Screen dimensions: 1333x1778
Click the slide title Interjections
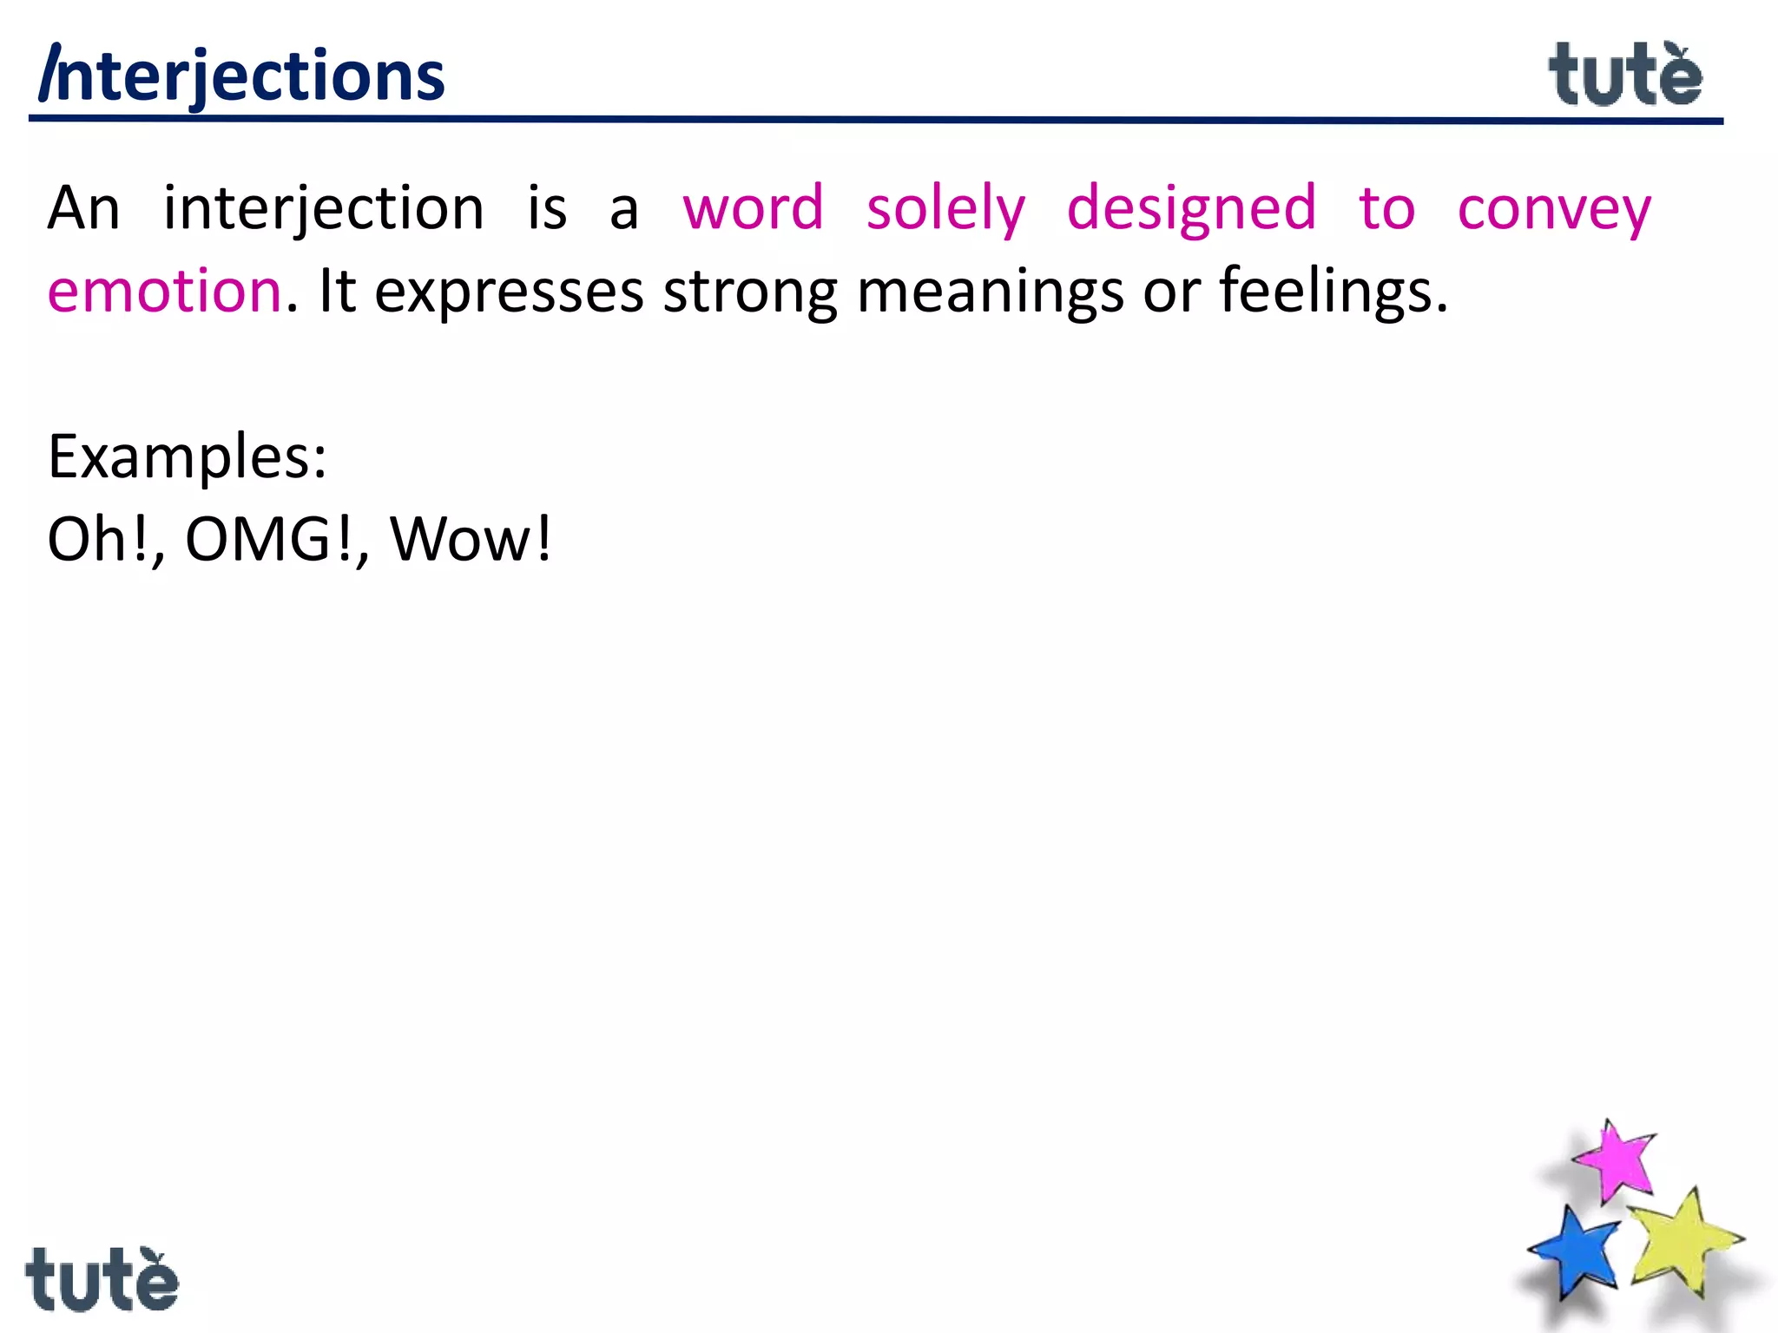(x=242, y=76)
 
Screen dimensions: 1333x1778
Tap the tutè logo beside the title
(x=1625, y=76)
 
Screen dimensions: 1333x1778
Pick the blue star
(x=1576, y=1253)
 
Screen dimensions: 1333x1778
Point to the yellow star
(x=1681, y=1239)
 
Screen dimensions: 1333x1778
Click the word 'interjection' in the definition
(x=324, y=209)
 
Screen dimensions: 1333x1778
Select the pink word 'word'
(x=753, y=209)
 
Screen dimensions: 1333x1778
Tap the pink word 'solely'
(x=945, y=209)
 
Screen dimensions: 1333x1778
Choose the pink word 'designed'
(x=1191, y=209)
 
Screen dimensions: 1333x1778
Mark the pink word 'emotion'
(x=165, y=291)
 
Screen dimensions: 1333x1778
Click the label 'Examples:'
(x=188, y=457)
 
